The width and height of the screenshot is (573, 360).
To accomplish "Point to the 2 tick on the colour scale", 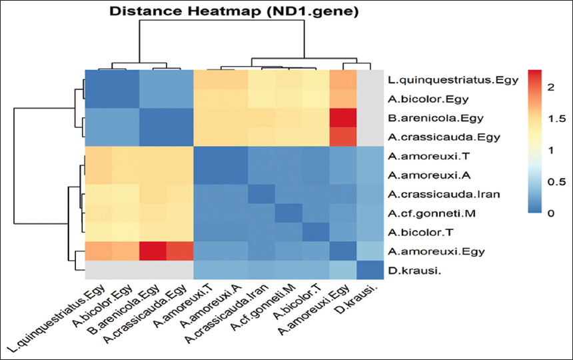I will point(560,87).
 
